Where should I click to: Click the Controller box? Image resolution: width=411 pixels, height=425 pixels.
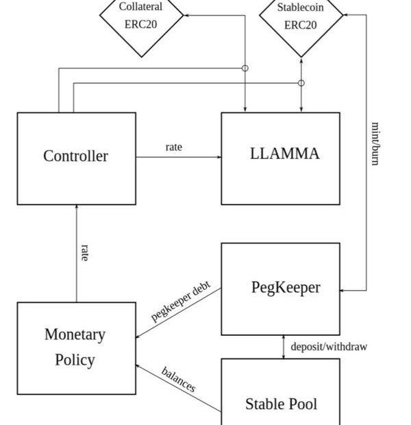click(x=76, y=158)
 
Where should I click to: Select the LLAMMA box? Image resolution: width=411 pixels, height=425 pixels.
click(x=280, y=158)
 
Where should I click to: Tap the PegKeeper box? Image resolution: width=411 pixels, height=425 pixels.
click(x=280, y=288)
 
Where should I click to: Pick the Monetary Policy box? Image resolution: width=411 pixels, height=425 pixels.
click(x=76, y=348)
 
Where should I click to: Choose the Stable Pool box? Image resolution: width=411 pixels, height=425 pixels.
click(x=280, y=394)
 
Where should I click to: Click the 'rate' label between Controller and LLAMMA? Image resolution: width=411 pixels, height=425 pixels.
click(x=174, y=147)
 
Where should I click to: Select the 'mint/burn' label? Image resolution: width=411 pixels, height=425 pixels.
click(x=375, y=144)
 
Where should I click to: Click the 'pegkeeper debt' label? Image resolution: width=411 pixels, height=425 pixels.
click(x=181, y=302)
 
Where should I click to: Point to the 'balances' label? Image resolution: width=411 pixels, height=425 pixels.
click(x=179, y=380)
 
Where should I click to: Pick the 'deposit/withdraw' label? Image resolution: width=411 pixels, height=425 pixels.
click(x=329, y=347)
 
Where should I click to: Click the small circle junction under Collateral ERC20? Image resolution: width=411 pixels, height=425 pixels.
click(x=245, y=68)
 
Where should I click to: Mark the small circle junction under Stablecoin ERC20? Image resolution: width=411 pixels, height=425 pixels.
click(x=301, y=83)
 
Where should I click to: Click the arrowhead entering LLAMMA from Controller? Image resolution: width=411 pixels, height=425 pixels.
click(x=219, y=157)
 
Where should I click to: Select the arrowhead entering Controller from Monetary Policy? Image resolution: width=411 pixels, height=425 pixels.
click(x=76, y=208)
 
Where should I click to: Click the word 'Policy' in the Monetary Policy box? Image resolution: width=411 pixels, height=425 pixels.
click(x=75, y=360)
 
